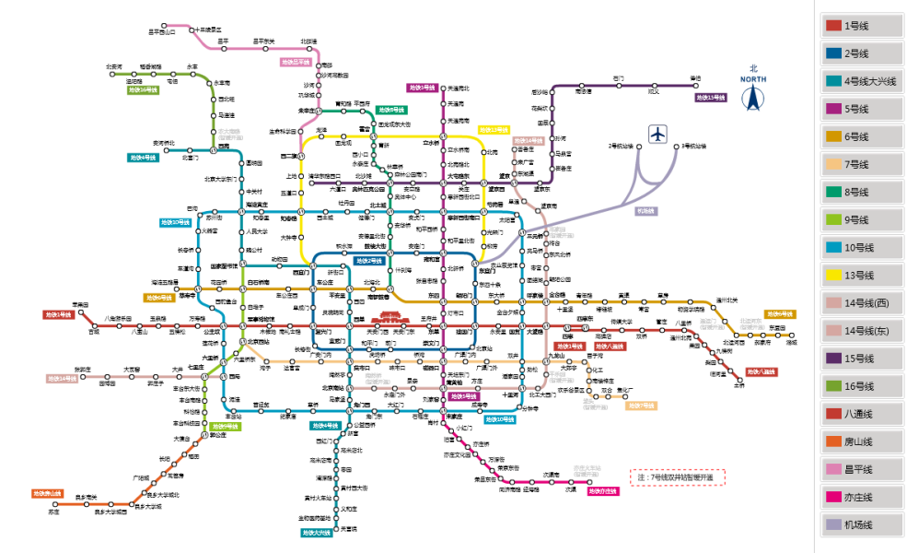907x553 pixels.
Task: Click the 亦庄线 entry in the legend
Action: click(x=861, y=497)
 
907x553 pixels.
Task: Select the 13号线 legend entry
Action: click(x=861, y=275)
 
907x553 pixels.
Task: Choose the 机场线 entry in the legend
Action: click(x=861, y=524)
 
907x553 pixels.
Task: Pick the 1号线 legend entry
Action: click(x=861, y=26)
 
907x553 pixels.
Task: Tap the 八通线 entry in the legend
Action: click(x=861, y=414)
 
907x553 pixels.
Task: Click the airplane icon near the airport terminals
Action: click(x=657, y=135)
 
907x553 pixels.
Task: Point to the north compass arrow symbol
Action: click(x=752, y=96)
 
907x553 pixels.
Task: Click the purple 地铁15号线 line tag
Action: click(x=711, y=98)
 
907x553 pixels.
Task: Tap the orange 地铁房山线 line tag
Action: click(x=47, y=493)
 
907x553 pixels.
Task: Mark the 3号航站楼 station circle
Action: click(x=679, y=147)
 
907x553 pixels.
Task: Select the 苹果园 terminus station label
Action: click(x=80, y=305)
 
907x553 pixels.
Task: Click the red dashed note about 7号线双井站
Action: click(x=677, y=477)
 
